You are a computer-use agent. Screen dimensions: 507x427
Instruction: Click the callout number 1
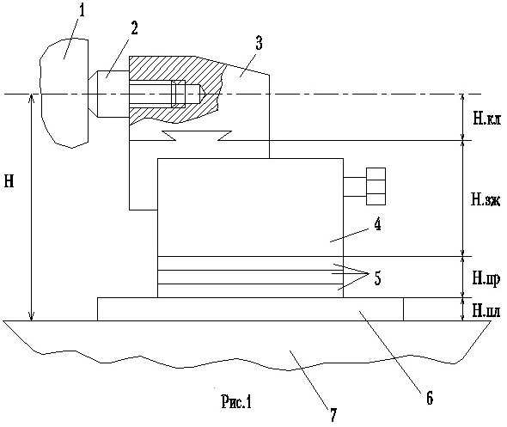coord(81,10)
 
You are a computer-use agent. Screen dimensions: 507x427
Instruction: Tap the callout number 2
coord(134,27)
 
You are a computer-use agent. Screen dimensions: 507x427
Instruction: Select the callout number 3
coord(259,43)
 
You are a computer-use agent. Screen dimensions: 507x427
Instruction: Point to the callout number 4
coord(376,224)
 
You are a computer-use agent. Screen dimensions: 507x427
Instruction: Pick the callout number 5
coord(377,278)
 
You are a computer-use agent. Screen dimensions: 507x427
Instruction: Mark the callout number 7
coord(333,415)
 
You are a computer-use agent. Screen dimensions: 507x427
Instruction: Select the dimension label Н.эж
coord(486,200)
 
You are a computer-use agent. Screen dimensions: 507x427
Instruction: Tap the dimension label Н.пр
coord(486,278)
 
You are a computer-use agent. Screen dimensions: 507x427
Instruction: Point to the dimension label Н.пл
coord(486,311)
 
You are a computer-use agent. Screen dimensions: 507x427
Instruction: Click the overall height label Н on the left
coord(9,181)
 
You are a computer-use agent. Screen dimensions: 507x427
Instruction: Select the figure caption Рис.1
coord(236,402)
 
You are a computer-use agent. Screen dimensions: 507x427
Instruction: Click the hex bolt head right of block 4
coord(376,186)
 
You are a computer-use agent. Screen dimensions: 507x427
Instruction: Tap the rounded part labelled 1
coord(64,93)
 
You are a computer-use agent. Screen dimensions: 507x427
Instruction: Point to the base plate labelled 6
coord(250,309)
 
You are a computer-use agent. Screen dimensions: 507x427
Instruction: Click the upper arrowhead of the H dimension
coord(31,98)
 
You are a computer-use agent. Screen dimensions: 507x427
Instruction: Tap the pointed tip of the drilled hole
coord(204,94)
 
